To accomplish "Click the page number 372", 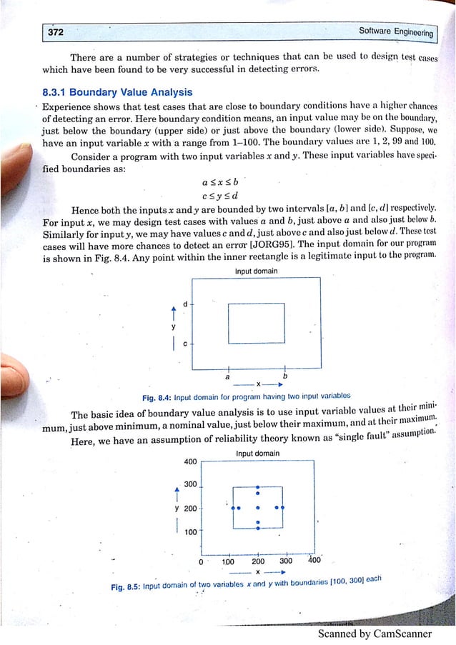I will (x=55, y=33).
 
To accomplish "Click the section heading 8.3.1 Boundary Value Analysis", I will (x=117, y=92).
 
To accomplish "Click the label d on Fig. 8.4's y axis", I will (x=185, y=304).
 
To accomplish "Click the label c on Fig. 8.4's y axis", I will (x=185, y=344).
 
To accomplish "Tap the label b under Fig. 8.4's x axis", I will (x=285, y=375).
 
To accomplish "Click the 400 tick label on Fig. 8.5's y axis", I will (x=191, y=461).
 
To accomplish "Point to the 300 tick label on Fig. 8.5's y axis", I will (x=191, y=484).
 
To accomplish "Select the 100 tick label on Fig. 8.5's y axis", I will (x=191, y=532).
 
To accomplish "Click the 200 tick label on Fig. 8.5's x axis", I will (x=257, y=561).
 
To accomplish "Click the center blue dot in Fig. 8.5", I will (x=257, y=508).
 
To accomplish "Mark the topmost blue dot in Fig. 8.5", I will (x=257, y=489).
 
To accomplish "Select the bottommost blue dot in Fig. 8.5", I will (x=257, y=529).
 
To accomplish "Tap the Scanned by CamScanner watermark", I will (x=375, y=634).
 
